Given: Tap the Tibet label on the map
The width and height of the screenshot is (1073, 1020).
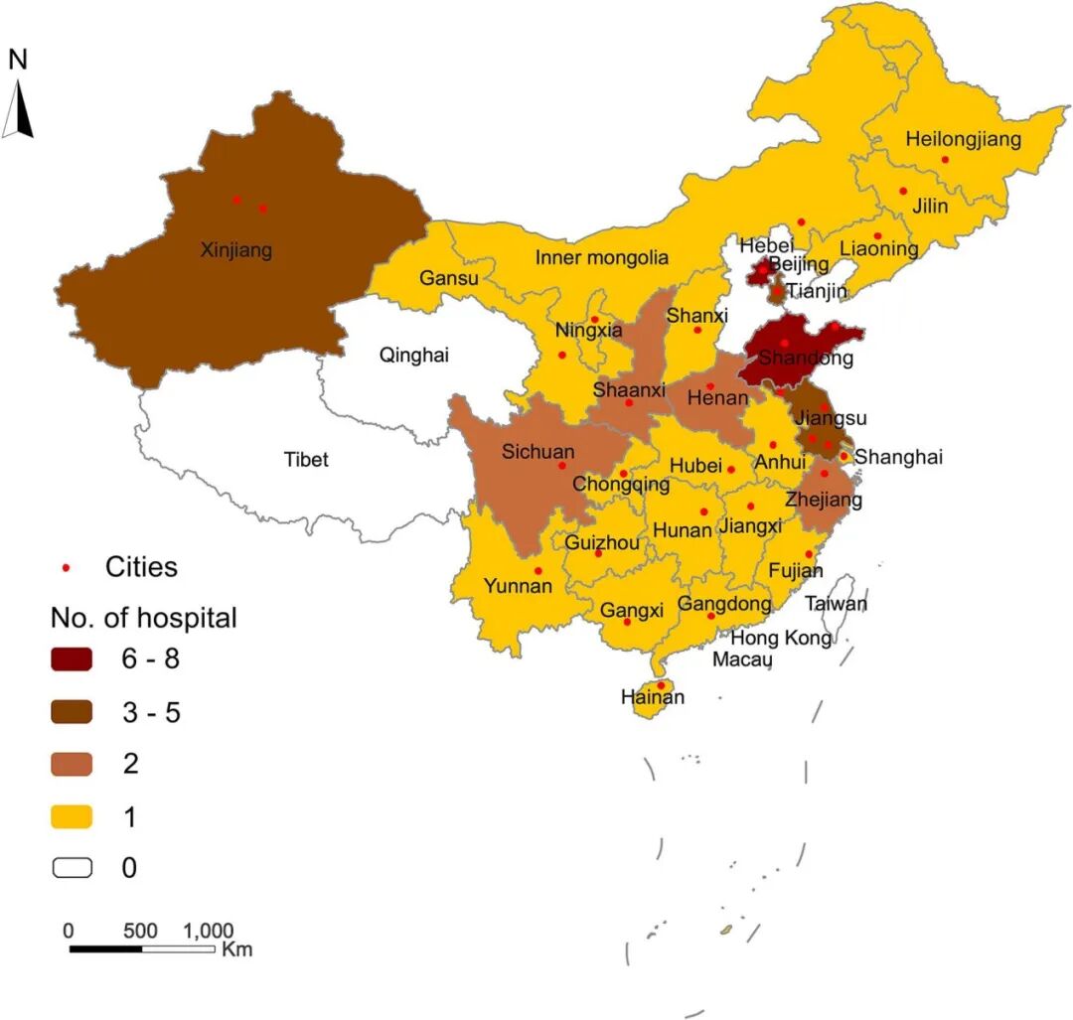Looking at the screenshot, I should pyautogui.click(x=306, y=460).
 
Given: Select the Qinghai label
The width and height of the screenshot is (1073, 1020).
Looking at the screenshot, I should pyautogui.click(x=414, y=355).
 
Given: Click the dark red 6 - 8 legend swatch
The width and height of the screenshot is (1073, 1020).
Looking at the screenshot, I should pyautogui.click(x=73, y=658).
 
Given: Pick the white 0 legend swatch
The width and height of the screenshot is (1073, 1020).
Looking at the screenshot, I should pyautogui.click(x=73, y=868).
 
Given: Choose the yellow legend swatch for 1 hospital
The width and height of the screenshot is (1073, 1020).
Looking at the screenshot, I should pyautogui.click(x=73, y=817).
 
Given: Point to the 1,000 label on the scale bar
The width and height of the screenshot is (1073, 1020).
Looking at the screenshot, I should pyautogui.click(x=209, y=931).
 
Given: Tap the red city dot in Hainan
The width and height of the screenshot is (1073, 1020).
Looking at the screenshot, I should pyautogui.click(x=661, y=684).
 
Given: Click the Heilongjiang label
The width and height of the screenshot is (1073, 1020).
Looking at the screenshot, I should pyautogui.click(x=963, y=139).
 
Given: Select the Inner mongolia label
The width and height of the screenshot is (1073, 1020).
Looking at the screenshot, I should pyautogui.click(x=601, y=258).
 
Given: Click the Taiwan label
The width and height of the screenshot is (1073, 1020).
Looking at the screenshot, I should pyautogui.click(x=836, y=603).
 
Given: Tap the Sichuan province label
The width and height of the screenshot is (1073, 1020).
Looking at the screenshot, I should pyautogui.click(x=537, y=451).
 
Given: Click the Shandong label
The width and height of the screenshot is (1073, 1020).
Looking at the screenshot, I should pyautogui.click(x=806, y=359).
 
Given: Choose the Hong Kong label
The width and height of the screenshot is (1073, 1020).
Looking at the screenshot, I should pyautogui.click(x=781, y=638).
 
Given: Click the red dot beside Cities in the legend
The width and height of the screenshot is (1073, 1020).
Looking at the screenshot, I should pyautogui.click(x=67, y=567).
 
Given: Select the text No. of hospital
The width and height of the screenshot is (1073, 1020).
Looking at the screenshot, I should pyautogui.click(x=144, y=618).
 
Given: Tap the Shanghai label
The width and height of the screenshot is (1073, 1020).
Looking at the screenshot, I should pyautogui.click(x=898, y=457).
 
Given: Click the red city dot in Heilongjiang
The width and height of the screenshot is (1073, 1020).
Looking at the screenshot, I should pyautogui.click(x=945, y=159).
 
